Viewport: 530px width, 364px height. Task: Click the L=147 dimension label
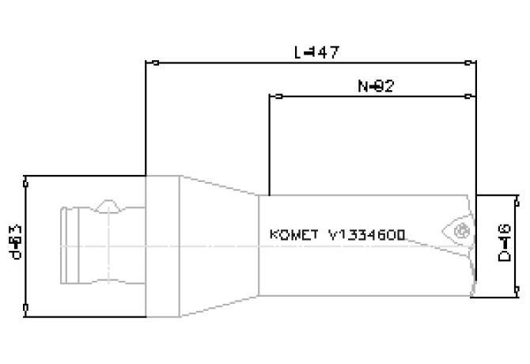point(316,52)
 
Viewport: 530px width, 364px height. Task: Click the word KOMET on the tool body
point(294,235)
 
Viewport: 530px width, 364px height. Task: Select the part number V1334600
point(367,235)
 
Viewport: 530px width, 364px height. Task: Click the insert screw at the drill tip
point(462,231)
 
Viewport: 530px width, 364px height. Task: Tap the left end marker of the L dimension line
point(155,62)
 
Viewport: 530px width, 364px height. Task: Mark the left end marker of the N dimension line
point(278,97)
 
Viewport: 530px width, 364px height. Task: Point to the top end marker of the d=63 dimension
point(26,183)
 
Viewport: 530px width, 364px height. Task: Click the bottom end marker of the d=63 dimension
point(26,307)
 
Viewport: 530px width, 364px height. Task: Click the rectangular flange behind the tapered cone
point(165,246)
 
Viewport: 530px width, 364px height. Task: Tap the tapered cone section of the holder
point(221,246)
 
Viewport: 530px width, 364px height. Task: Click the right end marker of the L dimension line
point(471,62)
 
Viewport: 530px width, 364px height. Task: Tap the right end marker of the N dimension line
point(471,97)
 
